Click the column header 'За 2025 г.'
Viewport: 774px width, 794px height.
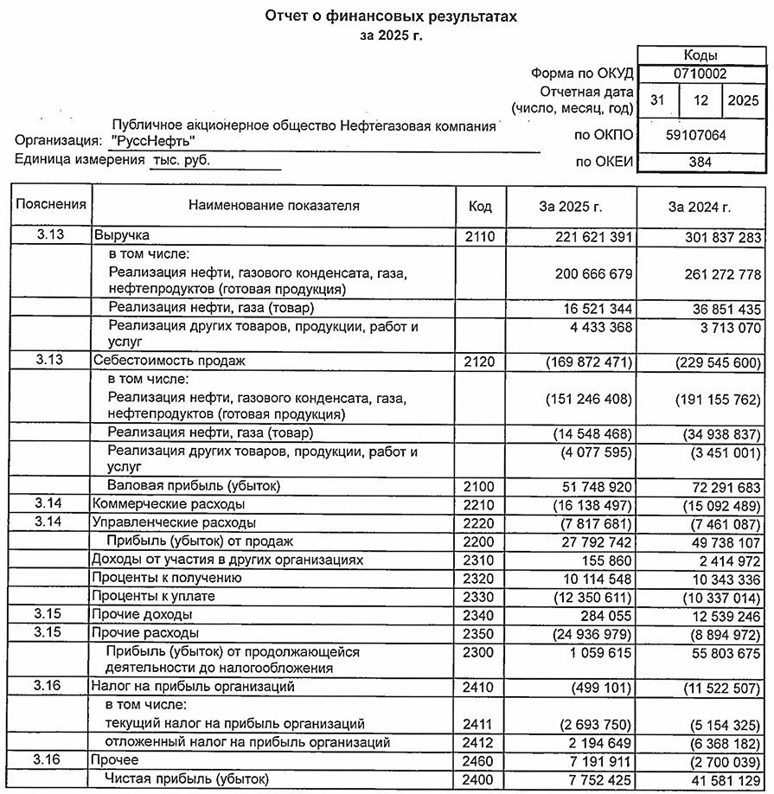click(570, 207)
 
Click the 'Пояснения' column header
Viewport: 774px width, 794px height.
click(51, 205)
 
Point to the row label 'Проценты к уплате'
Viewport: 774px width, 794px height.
click(153, 597)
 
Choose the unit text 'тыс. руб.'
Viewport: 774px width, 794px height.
click(181, 160)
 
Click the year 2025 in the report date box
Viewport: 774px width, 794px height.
click(742, 100)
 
